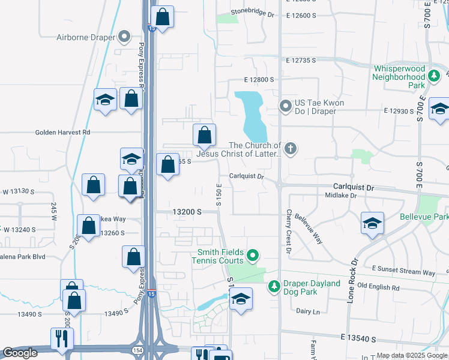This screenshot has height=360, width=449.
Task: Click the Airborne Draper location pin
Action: [125, 37]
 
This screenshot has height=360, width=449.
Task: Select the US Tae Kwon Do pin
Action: [286, 107]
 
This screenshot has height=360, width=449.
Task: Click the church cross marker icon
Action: [290, 149]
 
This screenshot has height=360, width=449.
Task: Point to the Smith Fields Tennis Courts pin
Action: [253, 256]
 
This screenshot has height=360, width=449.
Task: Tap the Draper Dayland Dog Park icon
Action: [274, 287]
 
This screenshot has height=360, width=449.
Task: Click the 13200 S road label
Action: [186, 212]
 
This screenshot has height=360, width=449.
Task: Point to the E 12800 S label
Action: [259, 79]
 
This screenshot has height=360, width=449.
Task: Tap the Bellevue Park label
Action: [423, 216]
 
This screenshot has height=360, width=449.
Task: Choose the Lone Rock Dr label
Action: [352, 280]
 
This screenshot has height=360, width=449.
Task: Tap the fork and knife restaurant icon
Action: [62, 339]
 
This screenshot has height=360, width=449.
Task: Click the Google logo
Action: [20, 353]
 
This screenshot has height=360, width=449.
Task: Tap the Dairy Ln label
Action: [308, 311]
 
